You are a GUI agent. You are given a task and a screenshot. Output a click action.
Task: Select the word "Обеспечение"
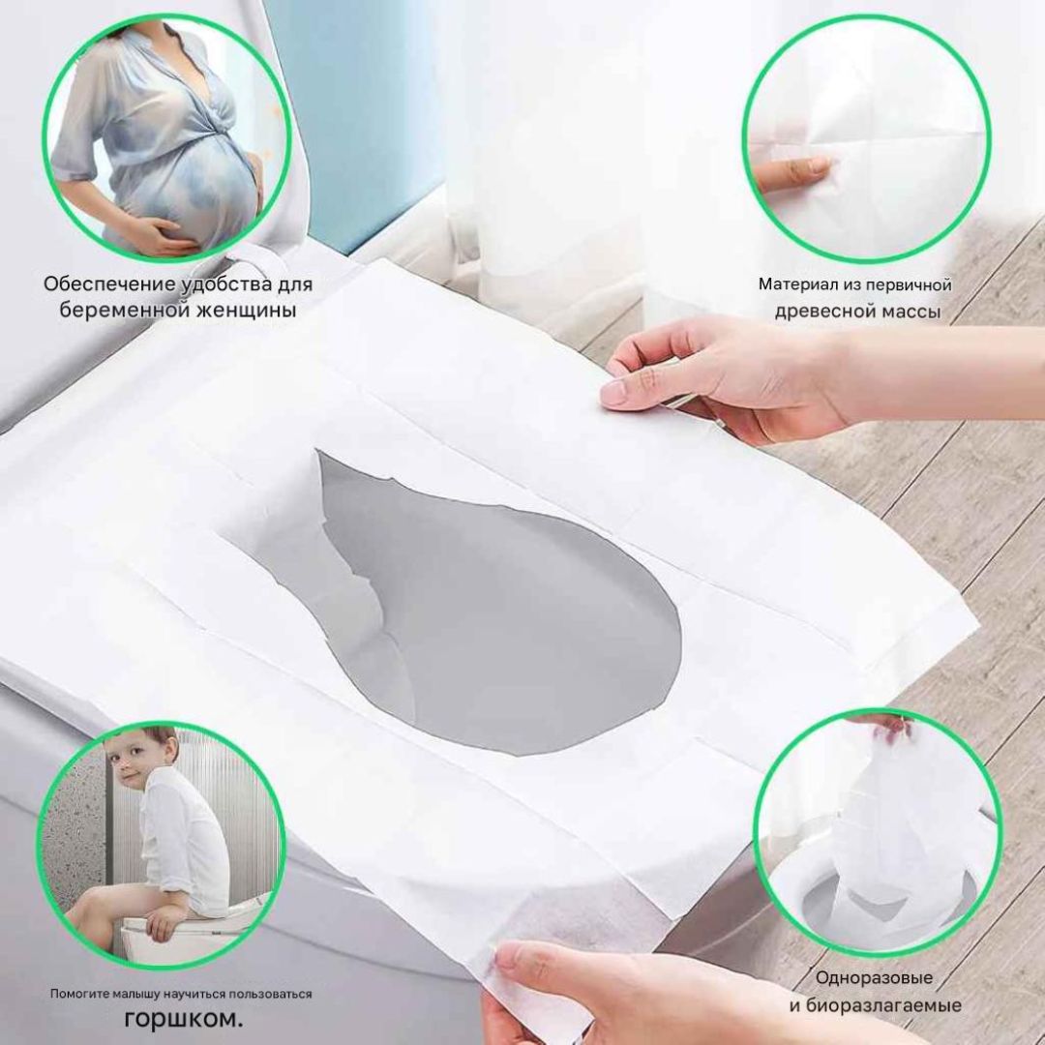click(109, 284)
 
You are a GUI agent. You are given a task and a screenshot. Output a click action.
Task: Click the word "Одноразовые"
click(874, 977)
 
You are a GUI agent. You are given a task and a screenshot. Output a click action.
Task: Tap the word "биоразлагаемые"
click(882, 1005)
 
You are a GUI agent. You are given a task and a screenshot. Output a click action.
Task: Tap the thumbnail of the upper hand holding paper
click(613, 393)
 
